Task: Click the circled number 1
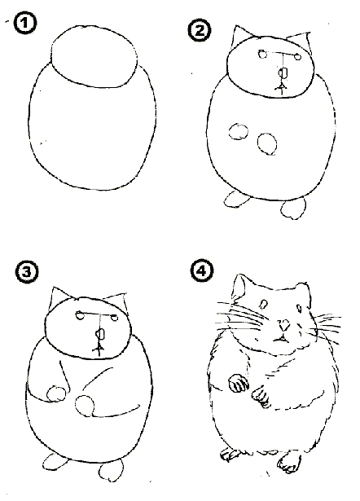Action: tap(25, 24)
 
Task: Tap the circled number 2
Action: tap(200, 31)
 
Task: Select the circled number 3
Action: tap(27, 272)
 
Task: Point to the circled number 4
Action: tap(202, 271)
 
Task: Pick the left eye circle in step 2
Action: tap(263, 54)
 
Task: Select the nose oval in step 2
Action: tap(283, 73)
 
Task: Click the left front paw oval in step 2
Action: tap(239, 132)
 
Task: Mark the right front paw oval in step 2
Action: tap(266, 143)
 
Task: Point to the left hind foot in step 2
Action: tap(236, 200)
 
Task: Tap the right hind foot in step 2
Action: tap(293, 209)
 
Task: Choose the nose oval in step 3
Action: tap(100, 334)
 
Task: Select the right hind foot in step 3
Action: tap(111, 470)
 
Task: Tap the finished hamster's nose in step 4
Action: tap(283, 325)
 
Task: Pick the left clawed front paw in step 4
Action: tap(238, 383)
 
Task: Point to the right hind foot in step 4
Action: tap(289, 462)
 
